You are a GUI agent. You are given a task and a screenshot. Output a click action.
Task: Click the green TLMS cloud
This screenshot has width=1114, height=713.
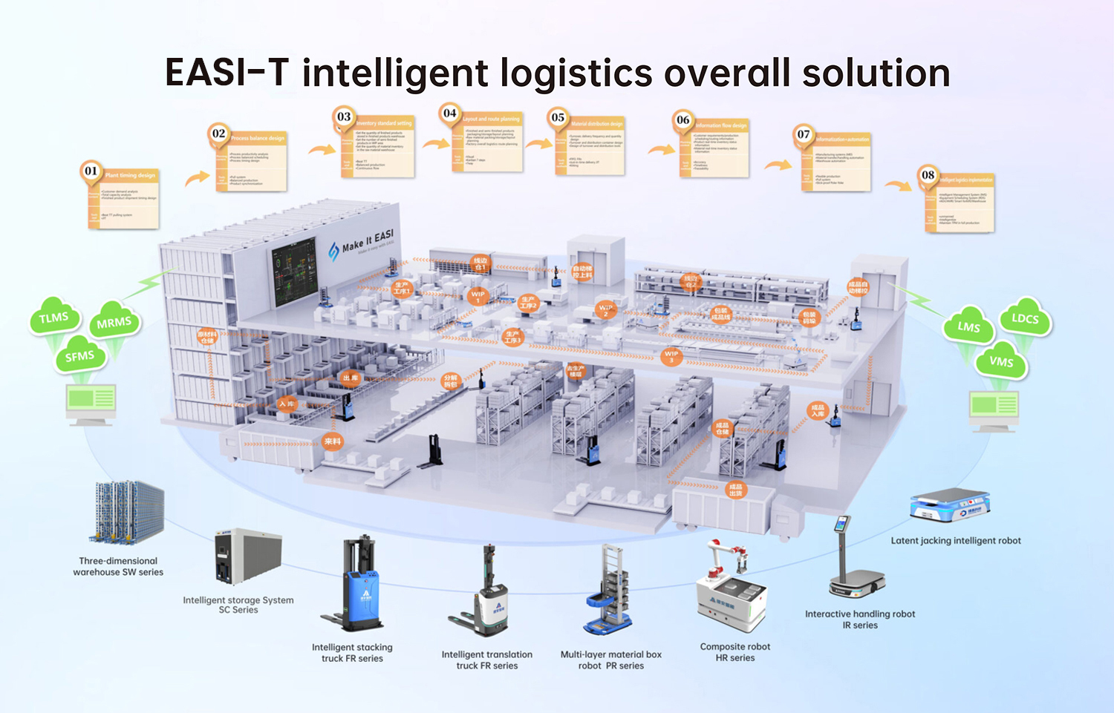(x=53, y=318)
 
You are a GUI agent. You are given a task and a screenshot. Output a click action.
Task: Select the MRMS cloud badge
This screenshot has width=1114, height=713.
(x=114, y=323)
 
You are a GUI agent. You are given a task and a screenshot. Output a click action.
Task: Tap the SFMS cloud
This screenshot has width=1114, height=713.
(x=79, y=357)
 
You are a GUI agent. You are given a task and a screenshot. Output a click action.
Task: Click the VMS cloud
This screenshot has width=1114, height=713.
(x=1001, y=361)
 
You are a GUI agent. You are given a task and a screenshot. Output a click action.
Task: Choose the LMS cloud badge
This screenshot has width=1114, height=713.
(x=968, y=326)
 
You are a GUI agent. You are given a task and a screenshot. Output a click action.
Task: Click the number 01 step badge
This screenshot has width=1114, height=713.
(x=91, y=171)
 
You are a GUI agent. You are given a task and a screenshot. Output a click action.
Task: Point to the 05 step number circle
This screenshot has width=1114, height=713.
(x=558, y=117)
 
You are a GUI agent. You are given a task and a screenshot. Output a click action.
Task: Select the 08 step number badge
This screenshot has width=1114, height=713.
(x=928, y=175)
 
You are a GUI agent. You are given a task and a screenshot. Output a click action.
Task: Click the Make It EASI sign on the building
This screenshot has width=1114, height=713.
(x=368, y=241)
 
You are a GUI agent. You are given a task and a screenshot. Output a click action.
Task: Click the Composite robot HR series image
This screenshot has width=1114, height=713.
(x=730, y=590)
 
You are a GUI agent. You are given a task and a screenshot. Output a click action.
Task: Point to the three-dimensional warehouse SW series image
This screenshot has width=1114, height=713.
(x=127, y=513)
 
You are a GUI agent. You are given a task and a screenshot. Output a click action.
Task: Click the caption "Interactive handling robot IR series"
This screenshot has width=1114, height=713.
(x=860, y=620)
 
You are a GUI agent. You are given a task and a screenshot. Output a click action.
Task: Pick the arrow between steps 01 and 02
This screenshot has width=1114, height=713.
(x=197, y=177)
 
